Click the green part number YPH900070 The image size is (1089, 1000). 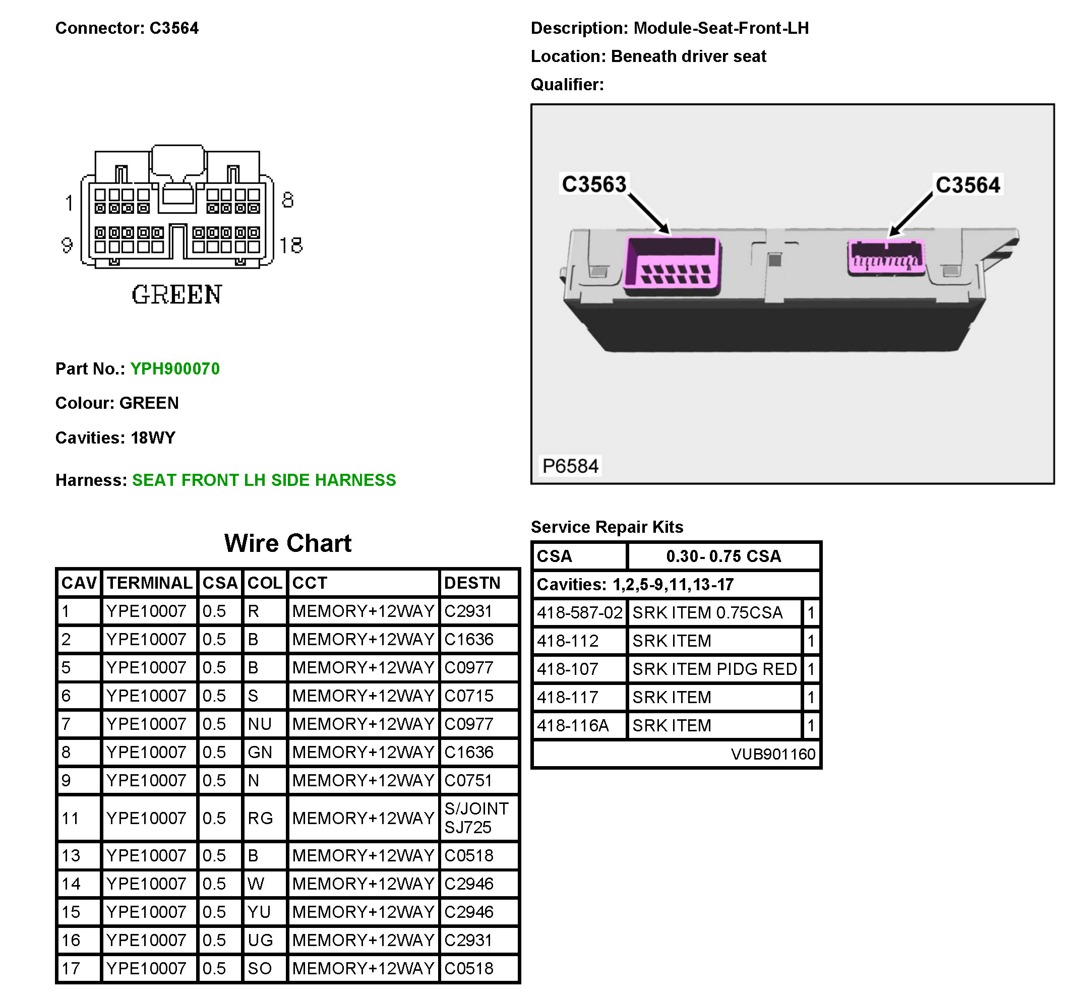coord(175,368)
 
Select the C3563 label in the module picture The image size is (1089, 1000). coord(594,184)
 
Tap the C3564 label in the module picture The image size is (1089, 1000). coord(968,185)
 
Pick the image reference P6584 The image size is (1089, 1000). coord(571,466)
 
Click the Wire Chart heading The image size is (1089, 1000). coord(287,543)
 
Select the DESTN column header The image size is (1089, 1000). coord(472,583)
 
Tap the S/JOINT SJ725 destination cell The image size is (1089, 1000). coord(476,818)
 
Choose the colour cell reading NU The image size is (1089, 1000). coord(259,724)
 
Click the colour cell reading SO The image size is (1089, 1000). coord(259,968)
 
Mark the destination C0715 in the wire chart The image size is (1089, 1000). coord(469,696)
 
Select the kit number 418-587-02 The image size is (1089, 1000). coord(579,612)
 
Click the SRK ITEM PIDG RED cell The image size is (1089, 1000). coord(714,669)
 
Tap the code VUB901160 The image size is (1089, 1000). coord(772,754)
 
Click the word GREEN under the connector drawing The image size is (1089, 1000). coord(177,295)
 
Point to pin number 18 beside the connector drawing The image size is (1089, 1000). coord(291,245)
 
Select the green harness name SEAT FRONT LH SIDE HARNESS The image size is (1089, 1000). coord(264,480)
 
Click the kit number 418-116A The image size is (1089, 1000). coord(573,725)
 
